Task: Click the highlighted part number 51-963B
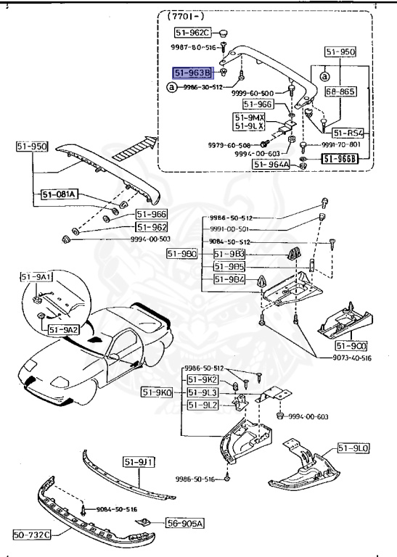point(192,73)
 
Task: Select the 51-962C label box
point(192,33)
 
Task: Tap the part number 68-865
point(340,92)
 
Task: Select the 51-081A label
point(60,194)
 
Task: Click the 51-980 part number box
point(181,253)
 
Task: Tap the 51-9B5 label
point(229,266)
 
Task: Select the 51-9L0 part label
point(353,450)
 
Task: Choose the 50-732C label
point(32,536)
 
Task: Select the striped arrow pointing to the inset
point(136,147)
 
